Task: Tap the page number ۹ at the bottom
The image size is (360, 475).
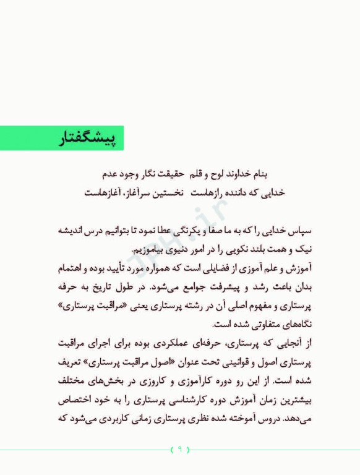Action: click(179, 449)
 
